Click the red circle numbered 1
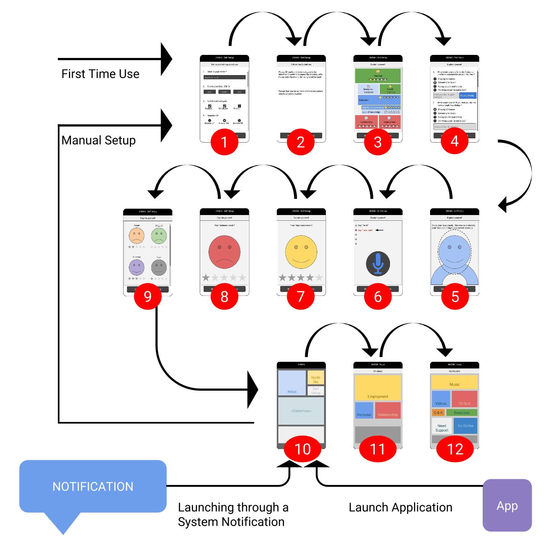point(224,142)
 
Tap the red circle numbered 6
point(377,296)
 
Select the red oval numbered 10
point(302,449)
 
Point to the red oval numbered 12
point(455,449)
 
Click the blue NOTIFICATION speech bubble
point(93,486)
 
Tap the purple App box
point(507,505)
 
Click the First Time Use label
point(100,74)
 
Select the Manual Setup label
point(98,140)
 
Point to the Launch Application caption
point(400,507)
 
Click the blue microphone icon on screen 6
point(377,263)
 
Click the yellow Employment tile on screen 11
point(377,388)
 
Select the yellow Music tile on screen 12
point(454,382)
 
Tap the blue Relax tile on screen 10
point(292,383)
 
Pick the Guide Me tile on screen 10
point(316,377)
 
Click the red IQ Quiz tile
point(464,399)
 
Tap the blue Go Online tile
point(465,426)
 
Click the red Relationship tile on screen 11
point(388,410)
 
